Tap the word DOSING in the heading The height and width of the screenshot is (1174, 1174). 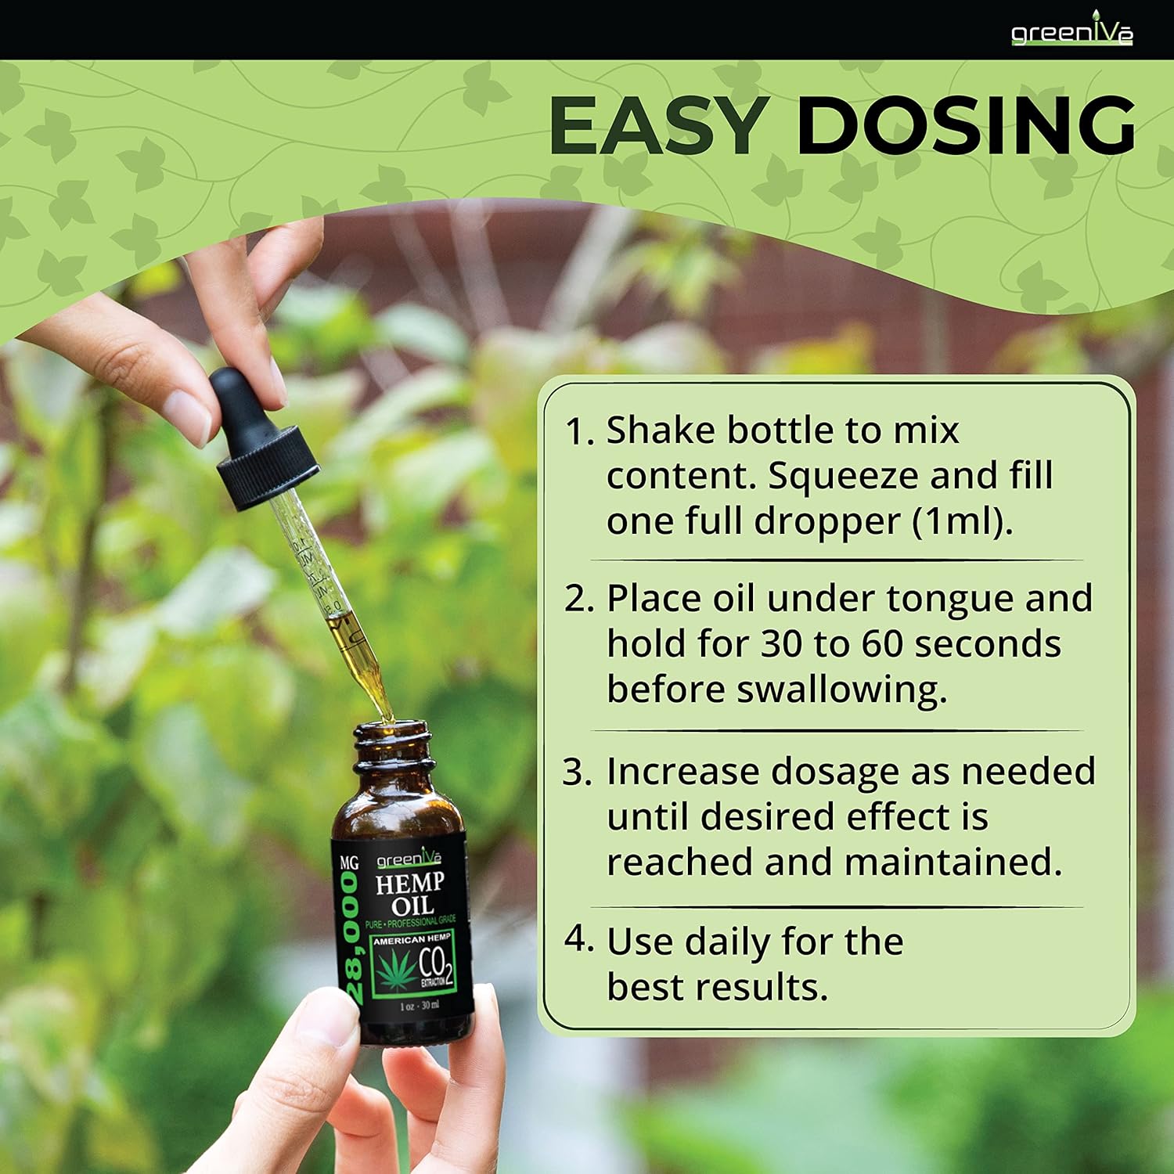965,125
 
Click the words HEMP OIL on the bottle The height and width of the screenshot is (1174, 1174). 410,895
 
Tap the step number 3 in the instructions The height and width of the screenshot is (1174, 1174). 577,772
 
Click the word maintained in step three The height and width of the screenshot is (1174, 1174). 953,862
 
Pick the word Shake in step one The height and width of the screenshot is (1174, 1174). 661,430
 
